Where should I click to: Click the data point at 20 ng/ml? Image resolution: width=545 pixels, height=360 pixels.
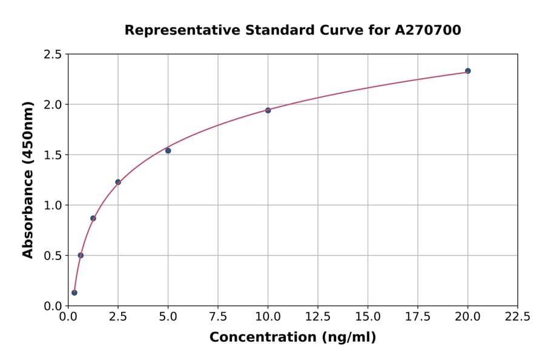click(467, 71)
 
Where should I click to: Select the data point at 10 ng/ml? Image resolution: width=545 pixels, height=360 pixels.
click(268, 110)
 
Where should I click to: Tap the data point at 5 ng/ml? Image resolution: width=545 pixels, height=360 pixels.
click(168, 150)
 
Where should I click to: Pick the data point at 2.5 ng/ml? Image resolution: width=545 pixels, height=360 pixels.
click(118, 182)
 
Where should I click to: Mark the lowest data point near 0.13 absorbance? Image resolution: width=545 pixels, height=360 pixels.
click(74, 293)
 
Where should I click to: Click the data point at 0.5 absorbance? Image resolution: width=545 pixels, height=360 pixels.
click(81, 255)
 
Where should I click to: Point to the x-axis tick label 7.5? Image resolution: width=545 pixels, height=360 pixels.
click(218, 316)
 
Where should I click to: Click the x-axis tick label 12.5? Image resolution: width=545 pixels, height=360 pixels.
click(318, 316)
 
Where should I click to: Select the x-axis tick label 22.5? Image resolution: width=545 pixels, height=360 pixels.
click(517, 316)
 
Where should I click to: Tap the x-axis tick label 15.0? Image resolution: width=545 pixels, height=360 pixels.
click(368, 316)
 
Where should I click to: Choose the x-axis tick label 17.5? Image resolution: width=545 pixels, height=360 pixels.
click(418, 316)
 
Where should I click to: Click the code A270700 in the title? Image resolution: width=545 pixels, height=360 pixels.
click(429, 30)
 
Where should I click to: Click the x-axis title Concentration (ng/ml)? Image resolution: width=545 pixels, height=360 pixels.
click(292, 337)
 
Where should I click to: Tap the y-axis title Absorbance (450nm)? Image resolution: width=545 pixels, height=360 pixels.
click(28, 179)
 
